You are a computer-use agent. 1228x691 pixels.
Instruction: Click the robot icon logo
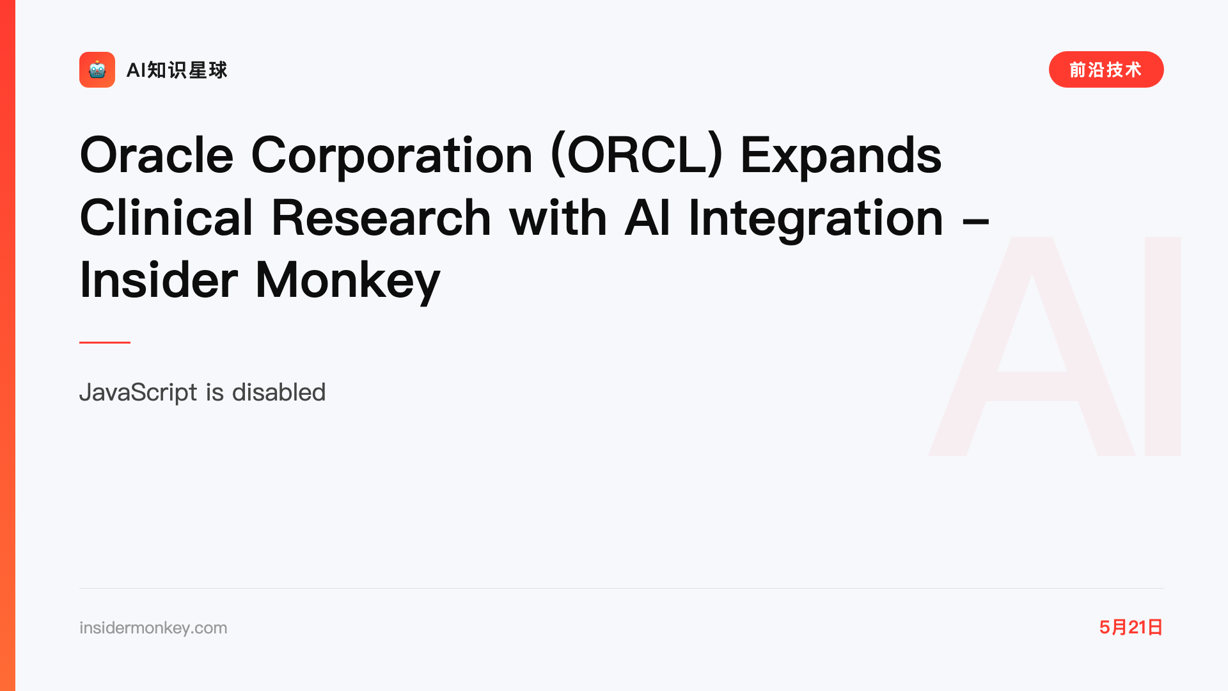point(97,70)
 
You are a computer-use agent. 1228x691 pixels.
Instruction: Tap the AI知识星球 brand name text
point(177,70)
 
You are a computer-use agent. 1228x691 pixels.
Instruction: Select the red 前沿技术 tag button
point(1106,70)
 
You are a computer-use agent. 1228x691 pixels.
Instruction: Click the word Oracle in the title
point(157,155)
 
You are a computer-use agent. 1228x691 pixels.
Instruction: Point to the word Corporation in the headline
point(392,155)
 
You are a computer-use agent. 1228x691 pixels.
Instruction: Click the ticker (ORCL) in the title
point(636,155)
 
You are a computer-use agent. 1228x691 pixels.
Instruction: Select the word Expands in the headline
point(841,155)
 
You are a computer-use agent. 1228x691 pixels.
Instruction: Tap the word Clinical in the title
point(166,218)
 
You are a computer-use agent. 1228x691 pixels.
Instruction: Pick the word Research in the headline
point(381,218)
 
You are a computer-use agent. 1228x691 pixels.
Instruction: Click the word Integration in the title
point(816,218)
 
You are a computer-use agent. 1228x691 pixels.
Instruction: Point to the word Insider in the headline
point(159,280)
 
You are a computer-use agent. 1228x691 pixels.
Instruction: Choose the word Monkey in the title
point(348,280)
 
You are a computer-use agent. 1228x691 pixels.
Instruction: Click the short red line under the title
point(105,342)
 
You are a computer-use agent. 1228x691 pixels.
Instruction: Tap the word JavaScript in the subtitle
point(138,392)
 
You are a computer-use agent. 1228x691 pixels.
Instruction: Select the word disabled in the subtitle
point(279,392)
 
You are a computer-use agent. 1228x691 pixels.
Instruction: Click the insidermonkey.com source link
point(153,628)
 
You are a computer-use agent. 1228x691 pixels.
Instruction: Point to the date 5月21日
point(1131,627)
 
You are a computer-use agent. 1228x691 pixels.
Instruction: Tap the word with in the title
point(558,218)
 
